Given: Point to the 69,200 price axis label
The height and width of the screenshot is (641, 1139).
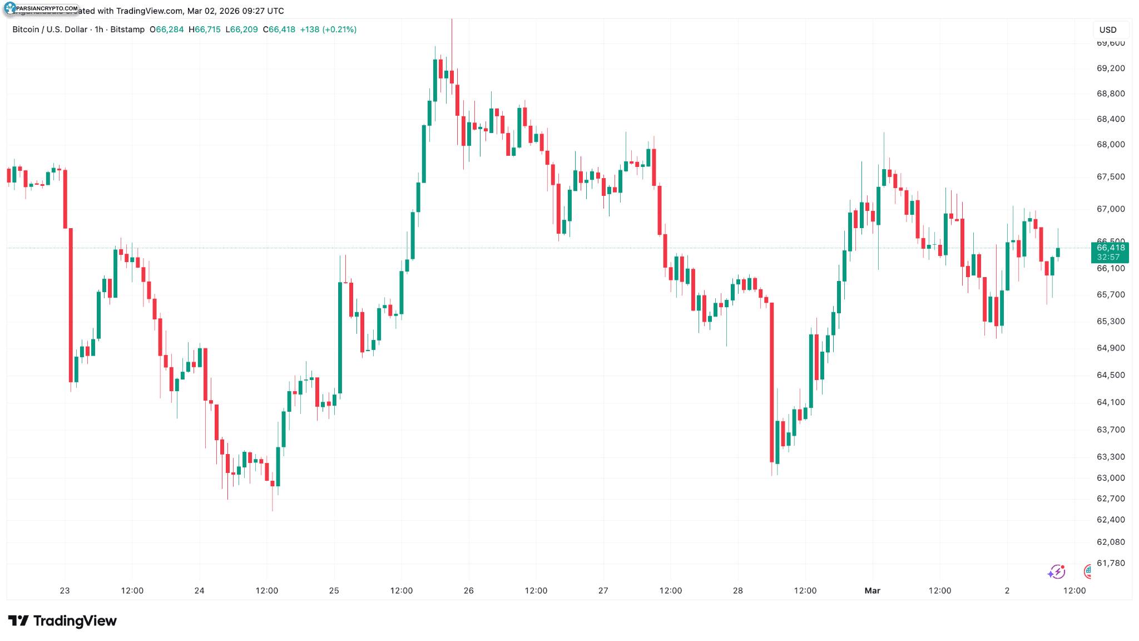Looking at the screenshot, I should point(1110,68).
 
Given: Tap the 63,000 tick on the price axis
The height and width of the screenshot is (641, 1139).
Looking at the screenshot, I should point(1110,478).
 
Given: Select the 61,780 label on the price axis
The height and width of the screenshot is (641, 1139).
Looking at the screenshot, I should point(1110,563).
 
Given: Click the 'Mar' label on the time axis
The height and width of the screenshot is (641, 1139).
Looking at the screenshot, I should point(872,591).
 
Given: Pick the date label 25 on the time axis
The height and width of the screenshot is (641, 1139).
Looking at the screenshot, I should point(334,591).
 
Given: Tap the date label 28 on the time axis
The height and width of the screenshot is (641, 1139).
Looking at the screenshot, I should point(737,591).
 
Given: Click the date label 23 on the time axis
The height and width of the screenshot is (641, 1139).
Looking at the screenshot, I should point(65,591).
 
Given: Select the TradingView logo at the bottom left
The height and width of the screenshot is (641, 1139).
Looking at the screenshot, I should point(62,621).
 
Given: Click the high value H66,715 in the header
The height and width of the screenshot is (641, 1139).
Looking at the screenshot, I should point(205,29).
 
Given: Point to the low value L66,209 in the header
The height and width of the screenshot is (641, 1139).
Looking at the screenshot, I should point(241,29).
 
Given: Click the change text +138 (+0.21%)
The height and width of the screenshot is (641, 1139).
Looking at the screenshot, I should point(328,29).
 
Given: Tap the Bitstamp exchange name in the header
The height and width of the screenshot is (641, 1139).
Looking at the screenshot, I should point(127,29).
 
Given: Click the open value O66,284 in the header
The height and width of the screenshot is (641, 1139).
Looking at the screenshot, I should point(167,29).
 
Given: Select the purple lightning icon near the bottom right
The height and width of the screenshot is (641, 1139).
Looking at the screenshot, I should point(1056,571).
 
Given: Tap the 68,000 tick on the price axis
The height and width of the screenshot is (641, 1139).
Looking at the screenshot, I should point(1110,145).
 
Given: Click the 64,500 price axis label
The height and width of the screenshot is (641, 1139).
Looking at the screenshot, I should point(1110,375).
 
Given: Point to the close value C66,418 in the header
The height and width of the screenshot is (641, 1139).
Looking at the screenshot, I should point(279,29).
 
